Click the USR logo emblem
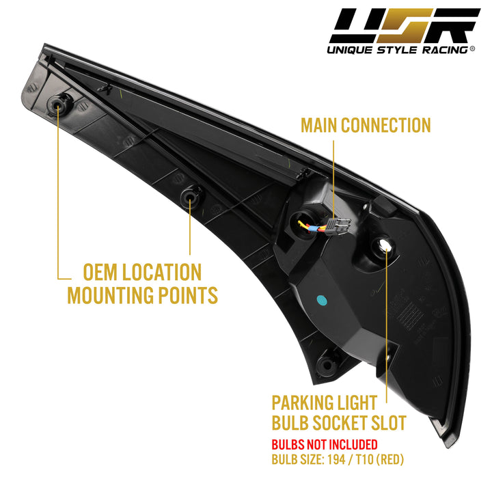(405, 26)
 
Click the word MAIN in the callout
(319, 125)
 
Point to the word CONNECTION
(386, 125)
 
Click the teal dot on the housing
(322, 300)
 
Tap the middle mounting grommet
(190, 197)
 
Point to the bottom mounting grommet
(327, 365)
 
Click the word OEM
(100, 272)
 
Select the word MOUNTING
(111, 295)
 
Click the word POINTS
(188, 295)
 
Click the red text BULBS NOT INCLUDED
(325, 445)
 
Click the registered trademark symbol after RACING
(472, 49)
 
